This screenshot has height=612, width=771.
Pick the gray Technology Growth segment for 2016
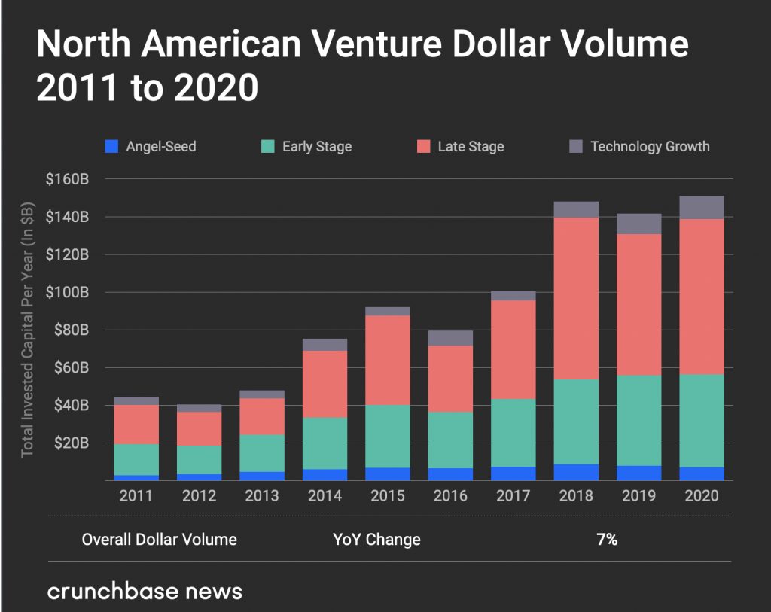pyautogui.click(x=451, y=338)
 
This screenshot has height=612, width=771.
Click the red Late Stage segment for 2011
pyautogui.click(x=136, y=425)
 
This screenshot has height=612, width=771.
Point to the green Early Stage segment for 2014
pyautogui.click(x=325, y=443)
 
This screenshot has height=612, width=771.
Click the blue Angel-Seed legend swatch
pyautogui.click(x=112, y=146)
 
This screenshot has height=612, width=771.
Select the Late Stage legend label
pyautogui.click(x=471, y=146)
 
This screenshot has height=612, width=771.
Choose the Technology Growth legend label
pyautogui.click(x=649, y=146)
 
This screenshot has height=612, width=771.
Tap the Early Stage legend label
pyautogui.click(x=317, y=146)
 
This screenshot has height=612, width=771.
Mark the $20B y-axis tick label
pyautogui.click(x=72, y=443)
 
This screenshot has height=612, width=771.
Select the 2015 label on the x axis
pyautogui.click(x=388, y=496)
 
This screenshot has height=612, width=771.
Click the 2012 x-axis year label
pyautogui.click(x=200, y=496)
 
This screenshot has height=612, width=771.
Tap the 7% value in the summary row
pyautogui.click(x=606, y=540)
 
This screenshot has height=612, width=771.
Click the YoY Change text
pyautogui.click(x=376, y=540)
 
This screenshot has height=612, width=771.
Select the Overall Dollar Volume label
pyautogui.click(x=159, y=540)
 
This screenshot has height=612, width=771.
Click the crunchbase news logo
pyautogui.click(x=145, y=591)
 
